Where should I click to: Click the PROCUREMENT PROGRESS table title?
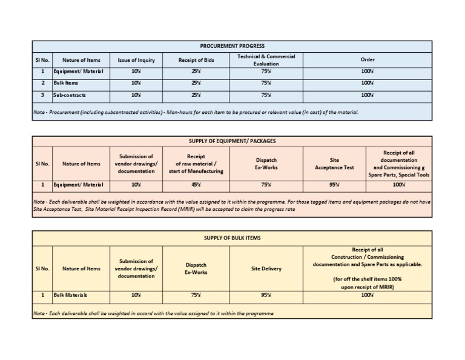point(232,46)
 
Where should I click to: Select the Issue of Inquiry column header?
point(136,60)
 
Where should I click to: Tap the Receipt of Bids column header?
point(196,60)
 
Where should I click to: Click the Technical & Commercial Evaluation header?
point(266,60)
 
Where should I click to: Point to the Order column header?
point(368,60)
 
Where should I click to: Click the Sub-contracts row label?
point(70,95)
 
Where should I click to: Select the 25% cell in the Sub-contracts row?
point(196,95)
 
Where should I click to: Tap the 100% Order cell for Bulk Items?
point(368,83)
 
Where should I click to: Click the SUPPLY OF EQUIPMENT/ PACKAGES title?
point(232,141)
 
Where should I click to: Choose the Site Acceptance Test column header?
point(334,164)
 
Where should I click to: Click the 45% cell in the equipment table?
point(196,184)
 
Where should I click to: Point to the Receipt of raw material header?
point(196,164)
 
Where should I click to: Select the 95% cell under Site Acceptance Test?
point(334,184)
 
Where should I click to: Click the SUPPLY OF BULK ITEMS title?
point(232,238)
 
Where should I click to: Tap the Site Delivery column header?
point(266,268)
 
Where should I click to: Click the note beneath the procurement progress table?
point(196,112)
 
